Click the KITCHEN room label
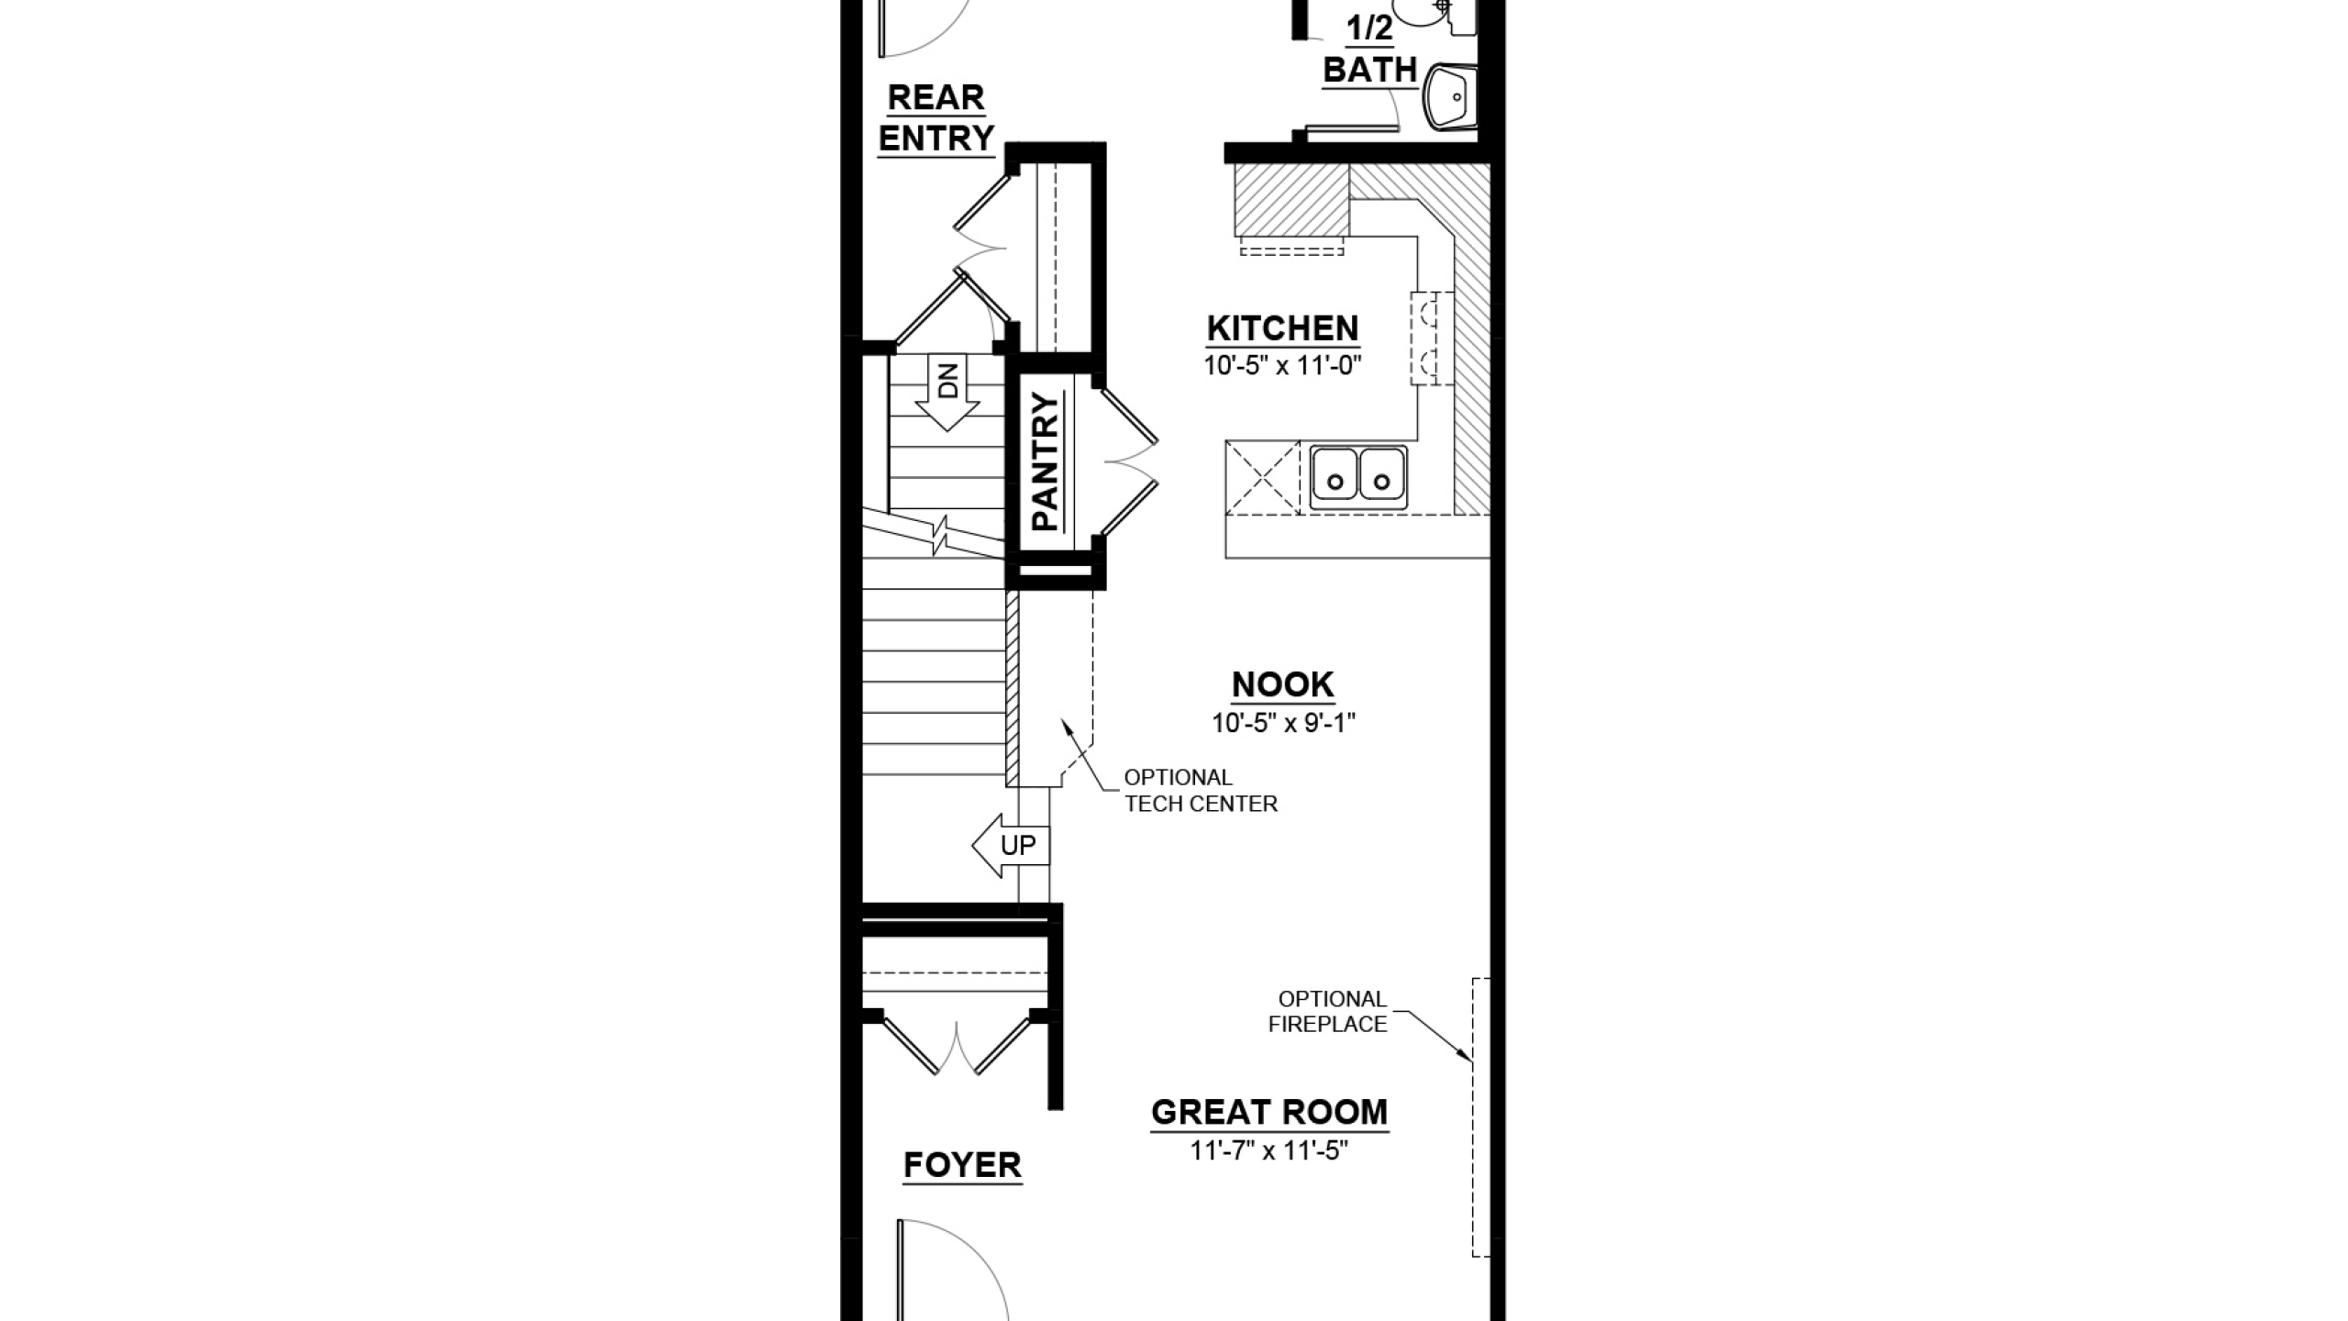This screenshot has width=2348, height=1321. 1282,328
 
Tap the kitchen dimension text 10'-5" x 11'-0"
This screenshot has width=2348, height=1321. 1282,366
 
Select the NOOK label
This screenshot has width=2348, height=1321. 1282,684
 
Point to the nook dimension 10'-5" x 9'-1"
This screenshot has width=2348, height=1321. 1283,723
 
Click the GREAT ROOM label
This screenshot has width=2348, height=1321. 1269,1113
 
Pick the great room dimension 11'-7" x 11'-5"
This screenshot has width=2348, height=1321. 1269,1150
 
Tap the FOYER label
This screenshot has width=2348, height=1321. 962,1165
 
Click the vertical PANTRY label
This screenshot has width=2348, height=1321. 1045,462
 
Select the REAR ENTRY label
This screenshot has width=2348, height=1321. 936,117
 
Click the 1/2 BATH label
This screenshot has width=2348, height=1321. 1370,50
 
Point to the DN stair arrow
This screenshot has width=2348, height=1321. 947,392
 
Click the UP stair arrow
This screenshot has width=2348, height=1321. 1010,845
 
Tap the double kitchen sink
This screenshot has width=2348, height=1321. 1358,478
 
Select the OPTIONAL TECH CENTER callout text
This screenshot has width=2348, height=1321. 1201,791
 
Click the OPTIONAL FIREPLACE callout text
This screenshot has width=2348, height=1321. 1328,1012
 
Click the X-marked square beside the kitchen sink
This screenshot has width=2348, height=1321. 1263,477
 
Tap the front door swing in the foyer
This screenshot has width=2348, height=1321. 954,1271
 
